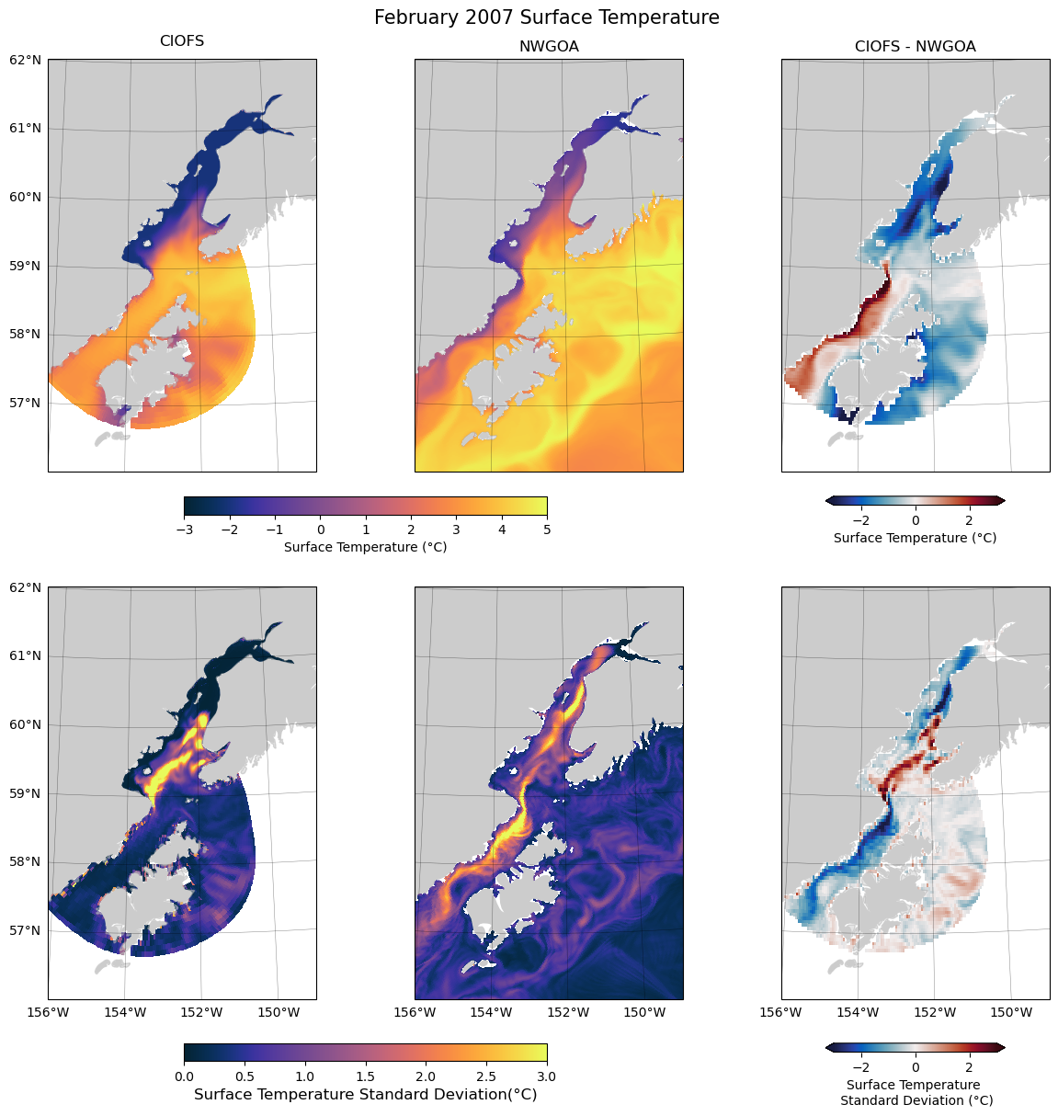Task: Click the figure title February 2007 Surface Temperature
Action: [546, 17]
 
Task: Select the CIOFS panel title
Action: [182, 41]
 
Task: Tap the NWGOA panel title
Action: [549, 46]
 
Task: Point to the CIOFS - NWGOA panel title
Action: [915, 46]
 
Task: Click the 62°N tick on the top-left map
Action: [25, 61]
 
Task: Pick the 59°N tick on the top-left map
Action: [25, 267]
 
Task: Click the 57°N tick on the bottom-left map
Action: [25, 931]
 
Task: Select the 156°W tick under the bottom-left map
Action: [48, 1013]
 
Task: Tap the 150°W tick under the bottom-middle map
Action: [644, 1013]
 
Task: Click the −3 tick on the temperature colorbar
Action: [184, 530]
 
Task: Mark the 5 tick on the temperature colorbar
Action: [547, 530]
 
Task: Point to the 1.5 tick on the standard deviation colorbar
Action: [365, 1076]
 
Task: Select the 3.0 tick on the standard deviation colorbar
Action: [547, 1076]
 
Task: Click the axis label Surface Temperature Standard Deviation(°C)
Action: [365, 1095]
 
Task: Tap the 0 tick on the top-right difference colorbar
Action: [916, 519]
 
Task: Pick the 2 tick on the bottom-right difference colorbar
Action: [969, 1066]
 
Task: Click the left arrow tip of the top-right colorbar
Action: [828, 501]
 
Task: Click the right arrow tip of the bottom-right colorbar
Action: [1003, 1047]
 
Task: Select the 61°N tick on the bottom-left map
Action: [25, 656]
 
